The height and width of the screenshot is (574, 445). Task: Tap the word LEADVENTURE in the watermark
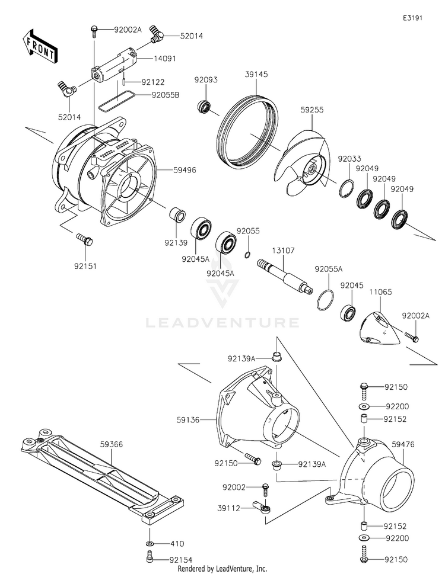(x=223, y=323)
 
